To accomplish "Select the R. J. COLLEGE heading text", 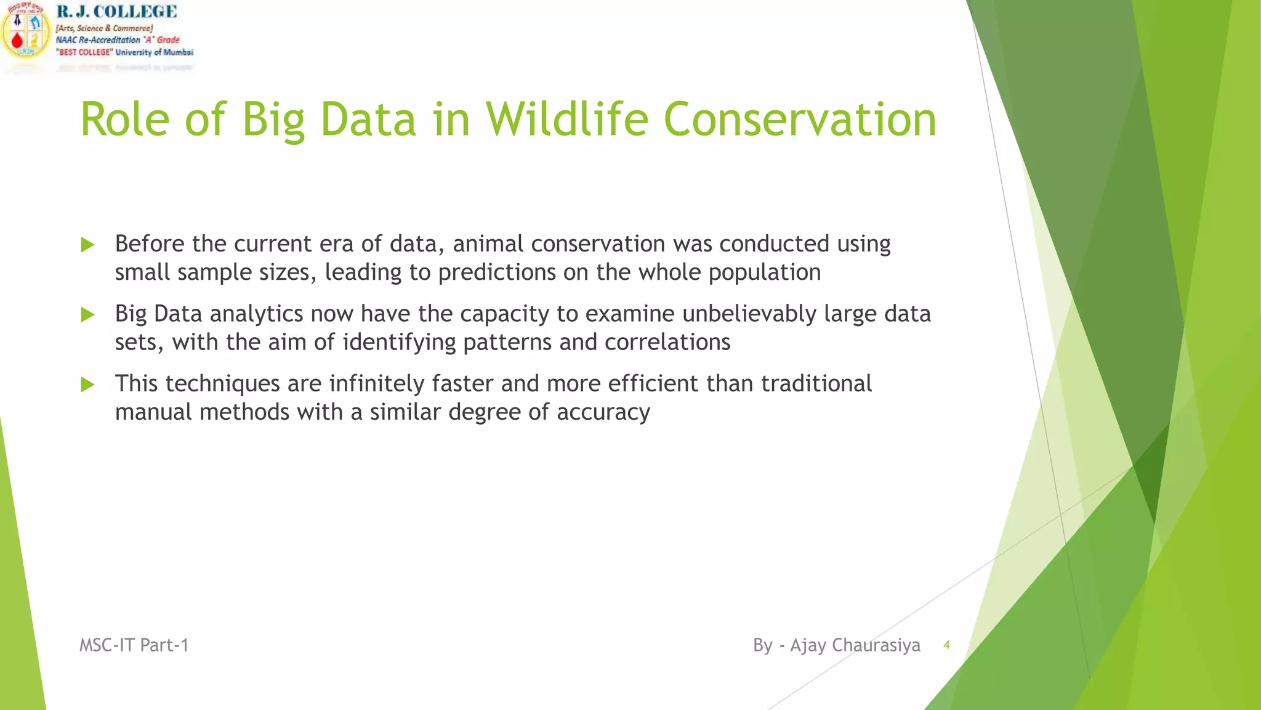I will [x=116, y=12].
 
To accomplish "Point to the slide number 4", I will [x=946, y=645].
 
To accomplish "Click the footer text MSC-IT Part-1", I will [x=134, y=645].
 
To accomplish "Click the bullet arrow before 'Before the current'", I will [x=87, y=245].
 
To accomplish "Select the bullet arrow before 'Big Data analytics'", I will [x=87, y=315].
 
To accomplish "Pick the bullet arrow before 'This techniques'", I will [x=87, y=385].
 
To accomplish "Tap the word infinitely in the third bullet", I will [x=376, y=384].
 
